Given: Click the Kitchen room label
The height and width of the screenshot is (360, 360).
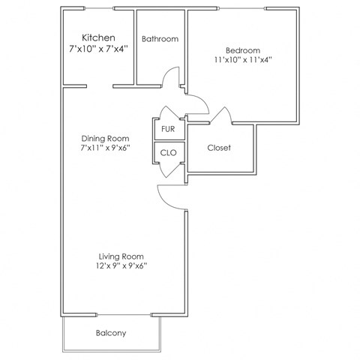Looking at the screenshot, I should click(98, 37).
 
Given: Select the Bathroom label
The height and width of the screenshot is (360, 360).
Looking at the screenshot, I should click(160, 39).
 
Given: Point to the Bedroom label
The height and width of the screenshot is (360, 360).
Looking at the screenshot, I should click(242, 50).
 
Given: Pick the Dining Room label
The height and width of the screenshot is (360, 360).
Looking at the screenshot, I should click(106, 138).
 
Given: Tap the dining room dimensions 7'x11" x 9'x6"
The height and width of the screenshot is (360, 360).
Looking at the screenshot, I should click(106, 148).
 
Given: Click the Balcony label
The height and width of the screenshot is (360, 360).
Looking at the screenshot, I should click(110, 333).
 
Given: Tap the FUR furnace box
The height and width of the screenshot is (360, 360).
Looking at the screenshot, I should click(168, 129).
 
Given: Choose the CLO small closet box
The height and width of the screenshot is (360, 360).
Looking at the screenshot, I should click(169, 152).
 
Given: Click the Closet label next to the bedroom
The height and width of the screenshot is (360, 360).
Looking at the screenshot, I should click(218, 148).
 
